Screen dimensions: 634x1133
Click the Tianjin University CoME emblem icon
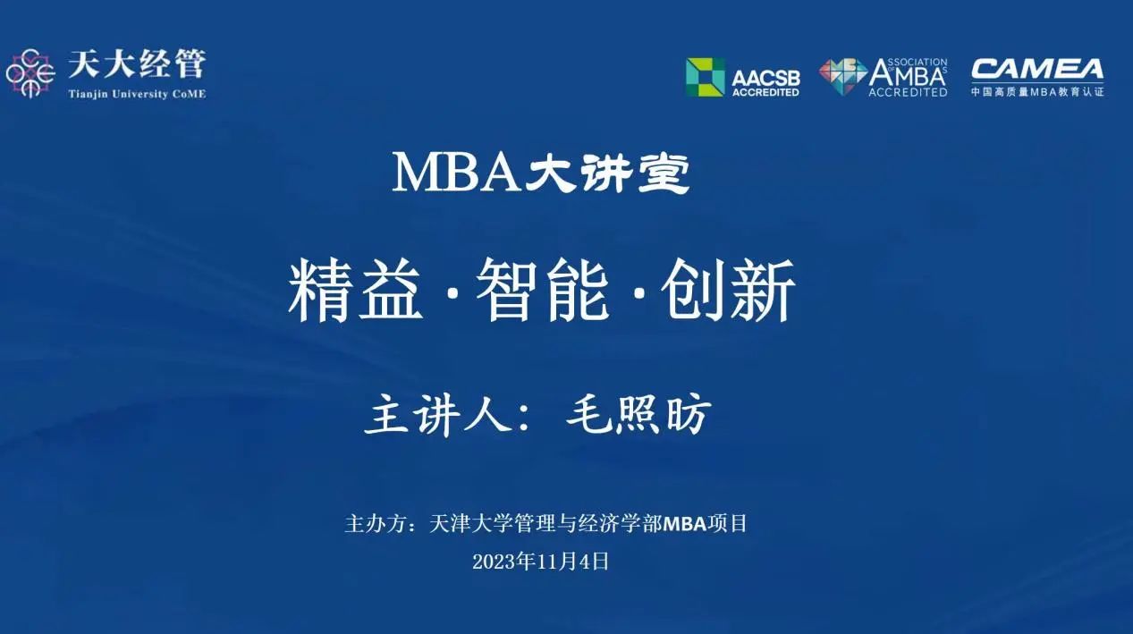30,73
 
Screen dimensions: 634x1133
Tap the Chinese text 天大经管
136,64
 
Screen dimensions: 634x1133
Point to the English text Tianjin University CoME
136,94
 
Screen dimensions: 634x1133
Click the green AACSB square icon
705,77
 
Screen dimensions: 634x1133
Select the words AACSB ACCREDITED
765,82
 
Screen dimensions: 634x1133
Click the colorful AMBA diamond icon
842,77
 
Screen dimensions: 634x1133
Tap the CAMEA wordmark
1037,70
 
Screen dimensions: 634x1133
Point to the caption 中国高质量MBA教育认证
1037,91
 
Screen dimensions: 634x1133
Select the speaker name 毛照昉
639,416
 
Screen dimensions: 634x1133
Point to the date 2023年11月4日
540,562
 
